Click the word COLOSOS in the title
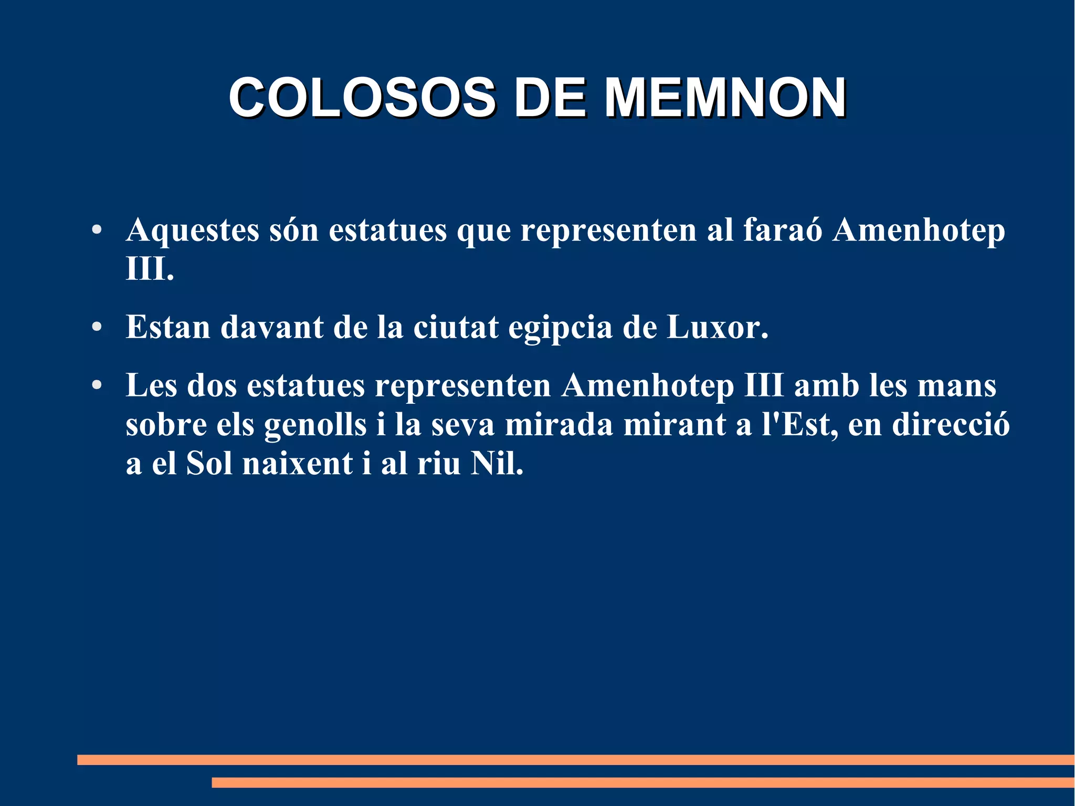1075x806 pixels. [x=362, y=98]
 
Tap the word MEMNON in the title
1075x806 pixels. [x=725, y=98]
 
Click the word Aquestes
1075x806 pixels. [x=193, y=231]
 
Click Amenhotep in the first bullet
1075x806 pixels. [x=919, y=231]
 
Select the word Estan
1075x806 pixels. [x=168, y=327]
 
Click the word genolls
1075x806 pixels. [x=315, y=425]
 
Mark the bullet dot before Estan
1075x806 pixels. [x=96, y=327]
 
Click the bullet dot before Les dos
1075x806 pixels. [x=96, y=385]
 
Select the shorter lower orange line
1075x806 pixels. [x=643, y=782]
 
